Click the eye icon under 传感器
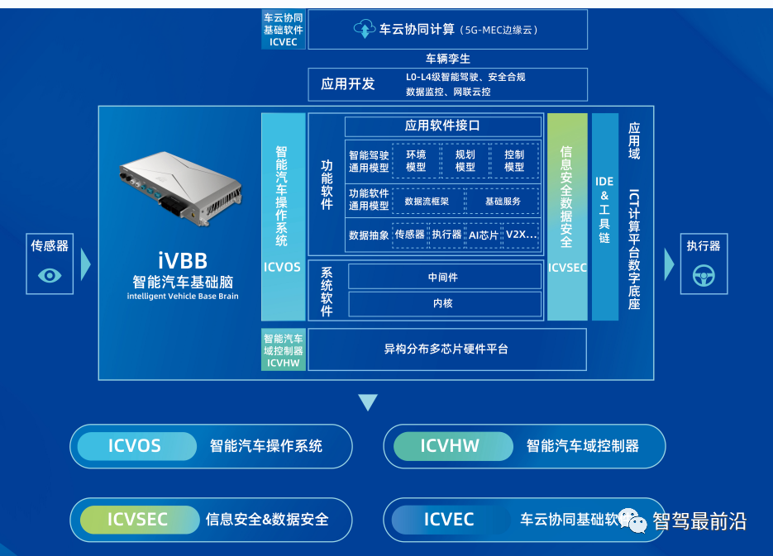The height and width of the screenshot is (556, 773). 50,275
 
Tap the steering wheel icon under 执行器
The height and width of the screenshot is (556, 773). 704,276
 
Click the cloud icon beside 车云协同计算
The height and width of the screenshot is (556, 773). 364,30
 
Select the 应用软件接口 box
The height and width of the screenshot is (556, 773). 441,126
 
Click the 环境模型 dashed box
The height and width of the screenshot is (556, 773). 416,160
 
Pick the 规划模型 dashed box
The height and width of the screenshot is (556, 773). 465,160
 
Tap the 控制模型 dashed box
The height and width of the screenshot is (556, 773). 514,160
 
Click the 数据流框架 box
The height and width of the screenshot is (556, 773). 427,201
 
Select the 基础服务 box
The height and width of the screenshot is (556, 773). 503,201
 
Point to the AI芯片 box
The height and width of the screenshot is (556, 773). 484,235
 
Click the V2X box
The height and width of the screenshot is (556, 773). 522,235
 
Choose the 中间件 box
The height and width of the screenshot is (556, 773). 442,277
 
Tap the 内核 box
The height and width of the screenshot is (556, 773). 442,303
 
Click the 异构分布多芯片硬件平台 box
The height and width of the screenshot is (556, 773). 446,349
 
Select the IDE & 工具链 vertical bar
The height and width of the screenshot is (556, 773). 604,216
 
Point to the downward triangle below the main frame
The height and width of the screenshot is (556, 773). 368,402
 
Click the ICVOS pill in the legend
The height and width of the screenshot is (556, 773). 135,446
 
